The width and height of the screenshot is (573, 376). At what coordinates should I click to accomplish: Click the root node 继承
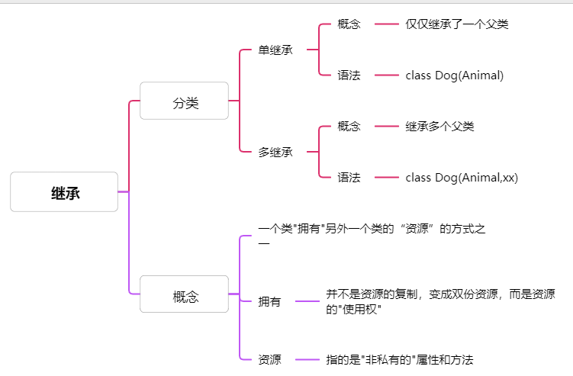pyautogui.click(x=64, y=192)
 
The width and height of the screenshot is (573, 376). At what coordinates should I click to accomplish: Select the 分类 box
pyautogui.click(x=184, y=101)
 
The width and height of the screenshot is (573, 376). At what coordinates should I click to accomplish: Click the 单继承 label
pyautogui.click(x=275, y=50)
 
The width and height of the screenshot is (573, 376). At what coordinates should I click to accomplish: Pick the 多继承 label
pyautogui.click(x=275, y=152)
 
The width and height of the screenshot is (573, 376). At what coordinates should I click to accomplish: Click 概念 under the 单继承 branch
pyautogui.click(x=349, y=24)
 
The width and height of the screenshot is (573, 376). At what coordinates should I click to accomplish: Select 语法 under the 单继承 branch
pyautogui.click(x=349, y=75)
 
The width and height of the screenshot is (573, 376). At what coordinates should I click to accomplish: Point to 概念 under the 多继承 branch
pyautogui.click(x=349, y=126)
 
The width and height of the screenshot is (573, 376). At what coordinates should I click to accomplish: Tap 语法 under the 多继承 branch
pyautogui.click(x=349, y=177)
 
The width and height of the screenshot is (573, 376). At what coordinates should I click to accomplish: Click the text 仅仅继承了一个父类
pyautogui.click(x=457, y=24)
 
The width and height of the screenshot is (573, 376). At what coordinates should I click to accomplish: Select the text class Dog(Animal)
pyautogui.click(x=455, y=75)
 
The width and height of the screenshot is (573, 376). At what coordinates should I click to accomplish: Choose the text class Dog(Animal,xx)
pyautogui.click(x=462, y=177)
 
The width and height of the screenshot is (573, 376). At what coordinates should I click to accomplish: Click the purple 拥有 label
pyautogui.click(x=269, y=301)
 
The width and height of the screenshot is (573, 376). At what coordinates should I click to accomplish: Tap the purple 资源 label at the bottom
pyautogui.click(x=269, y=359)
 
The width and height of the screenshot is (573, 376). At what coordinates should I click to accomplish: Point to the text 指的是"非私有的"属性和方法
pyautogui.click(x=400, y=359)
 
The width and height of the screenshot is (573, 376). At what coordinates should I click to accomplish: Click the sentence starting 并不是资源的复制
pyautogui.click(x=440, y=294)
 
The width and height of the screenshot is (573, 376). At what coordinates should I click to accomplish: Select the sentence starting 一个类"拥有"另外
pyautogui.click(x=372, y=229)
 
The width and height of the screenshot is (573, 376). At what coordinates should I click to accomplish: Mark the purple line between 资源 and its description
pyautogui.click(x=307, y=359)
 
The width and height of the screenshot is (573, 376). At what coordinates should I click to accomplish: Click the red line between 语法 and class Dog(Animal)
pyautogui.click(x=387, y=75)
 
